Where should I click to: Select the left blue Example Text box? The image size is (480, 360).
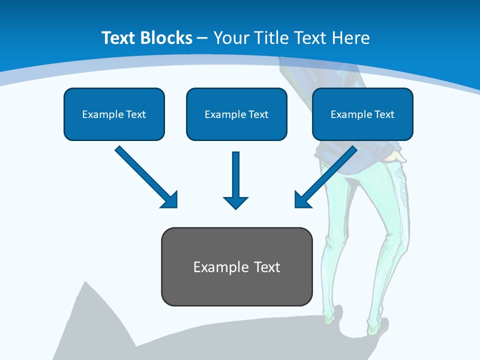pos(114,114)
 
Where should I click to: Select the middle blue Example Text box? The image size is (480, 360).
pos(236,114)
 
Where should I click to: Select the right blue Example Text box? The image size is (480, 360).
pos(362,114)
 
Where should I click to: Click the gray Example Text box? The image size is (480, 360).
pos(236,266)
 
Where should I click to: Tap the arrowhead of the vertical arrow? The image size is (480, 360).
pos(236,202)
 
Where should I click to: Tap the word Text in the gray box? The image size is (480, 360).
pos(267,267)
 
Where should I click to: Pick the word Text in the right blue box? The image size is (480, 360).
pos(384,114)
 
